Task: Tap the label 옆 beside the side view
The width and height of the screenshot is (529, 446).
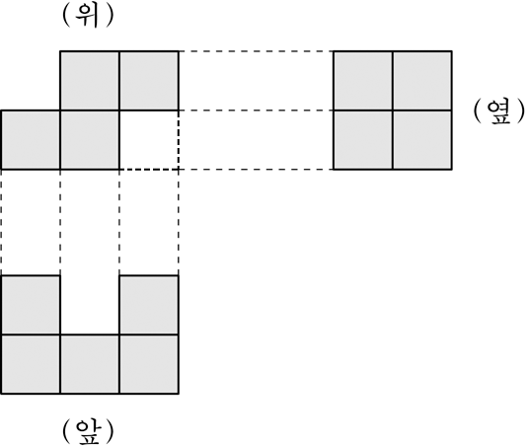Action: point(499,112)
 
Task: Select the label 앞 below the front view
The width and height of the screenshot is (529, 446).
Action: point(88,432)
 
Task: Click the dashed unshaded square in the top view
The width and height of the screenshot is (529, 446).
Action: point(149,140)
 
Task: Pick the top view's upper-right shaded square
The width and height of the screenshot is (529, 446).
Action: point(149,81)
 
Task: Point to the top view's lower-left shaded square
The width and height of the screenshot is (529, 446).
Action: point(31,140)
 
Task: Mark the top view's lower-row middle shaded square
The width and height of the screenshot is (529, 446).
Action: point(90,140)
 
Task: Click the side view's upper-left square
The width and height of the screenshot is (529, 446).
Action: point(363,81)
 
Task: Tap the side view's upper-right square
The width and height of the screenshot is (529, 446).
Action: point(422,81)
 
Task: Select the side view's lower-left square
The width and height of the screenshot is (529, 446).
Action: point(363,140)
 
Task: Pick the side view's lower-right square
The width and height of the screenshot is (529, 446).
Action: point(422,140)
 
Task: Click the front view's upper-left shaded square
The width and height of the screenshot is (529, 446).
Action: point(31,305)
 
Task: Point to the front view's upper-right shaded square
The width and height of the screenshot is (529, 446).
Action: point(149,305)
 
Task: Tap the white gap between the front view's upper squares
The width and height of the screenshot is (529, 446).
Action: point(90,305)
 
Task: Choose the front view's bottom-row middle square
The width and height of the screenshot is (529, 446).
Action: point(90,364)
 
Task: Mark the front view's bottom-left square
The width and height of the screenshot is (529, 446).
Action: point(31,364)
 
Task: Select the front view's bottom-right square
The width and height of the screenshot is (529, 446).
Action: point(149,364)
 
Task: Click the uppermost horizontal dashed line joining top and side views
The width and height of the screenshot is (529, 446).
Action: point(256,51)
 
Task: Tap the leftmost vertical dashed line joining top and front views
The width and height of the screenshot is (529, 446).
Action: point(1,222)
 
